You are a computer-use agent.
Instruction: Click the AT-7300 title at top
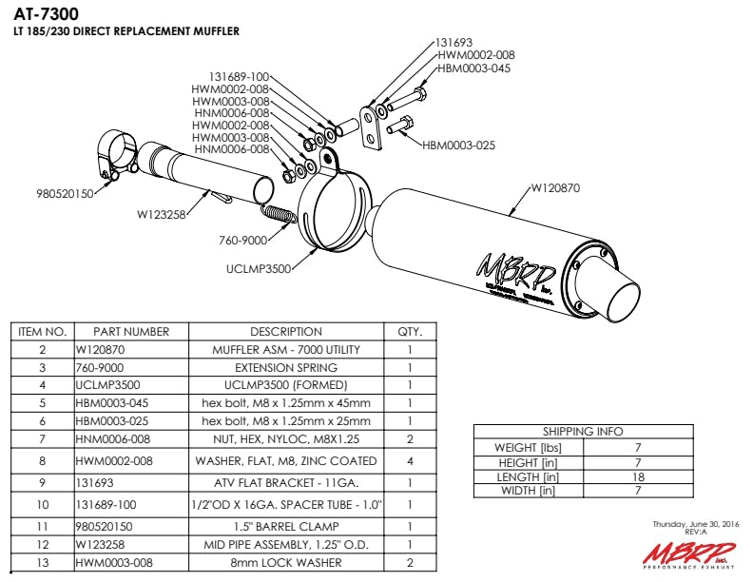point(47,14)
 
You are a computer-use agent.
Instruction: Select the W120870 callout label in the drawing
point(554,187)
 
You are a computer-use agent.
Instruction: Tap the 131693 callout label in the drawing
point(454,43)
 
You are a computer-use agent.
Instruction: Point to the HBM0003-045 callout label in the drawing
point(474,68)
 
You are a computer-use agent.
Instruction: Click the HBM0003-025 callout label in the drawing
point(458,145)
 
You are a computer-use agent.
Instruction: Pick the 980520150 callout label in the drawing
point(64,193)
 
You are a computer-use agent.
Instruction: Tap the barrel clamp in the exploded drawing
point(116,158)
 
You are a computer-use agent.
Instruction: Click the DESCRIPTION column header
point(286,332)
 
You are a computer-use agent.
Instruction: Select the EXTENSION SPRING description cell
point(286,367)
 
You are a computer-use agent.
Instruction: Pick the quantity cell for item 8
point(410,461)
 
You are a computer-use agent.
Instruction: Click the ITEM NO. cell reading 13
point(42,564)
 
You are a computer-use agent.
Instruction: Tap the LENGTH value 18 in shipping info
point(638,476)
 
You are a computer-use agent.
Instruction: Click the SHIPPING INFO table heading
point(583,431)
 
